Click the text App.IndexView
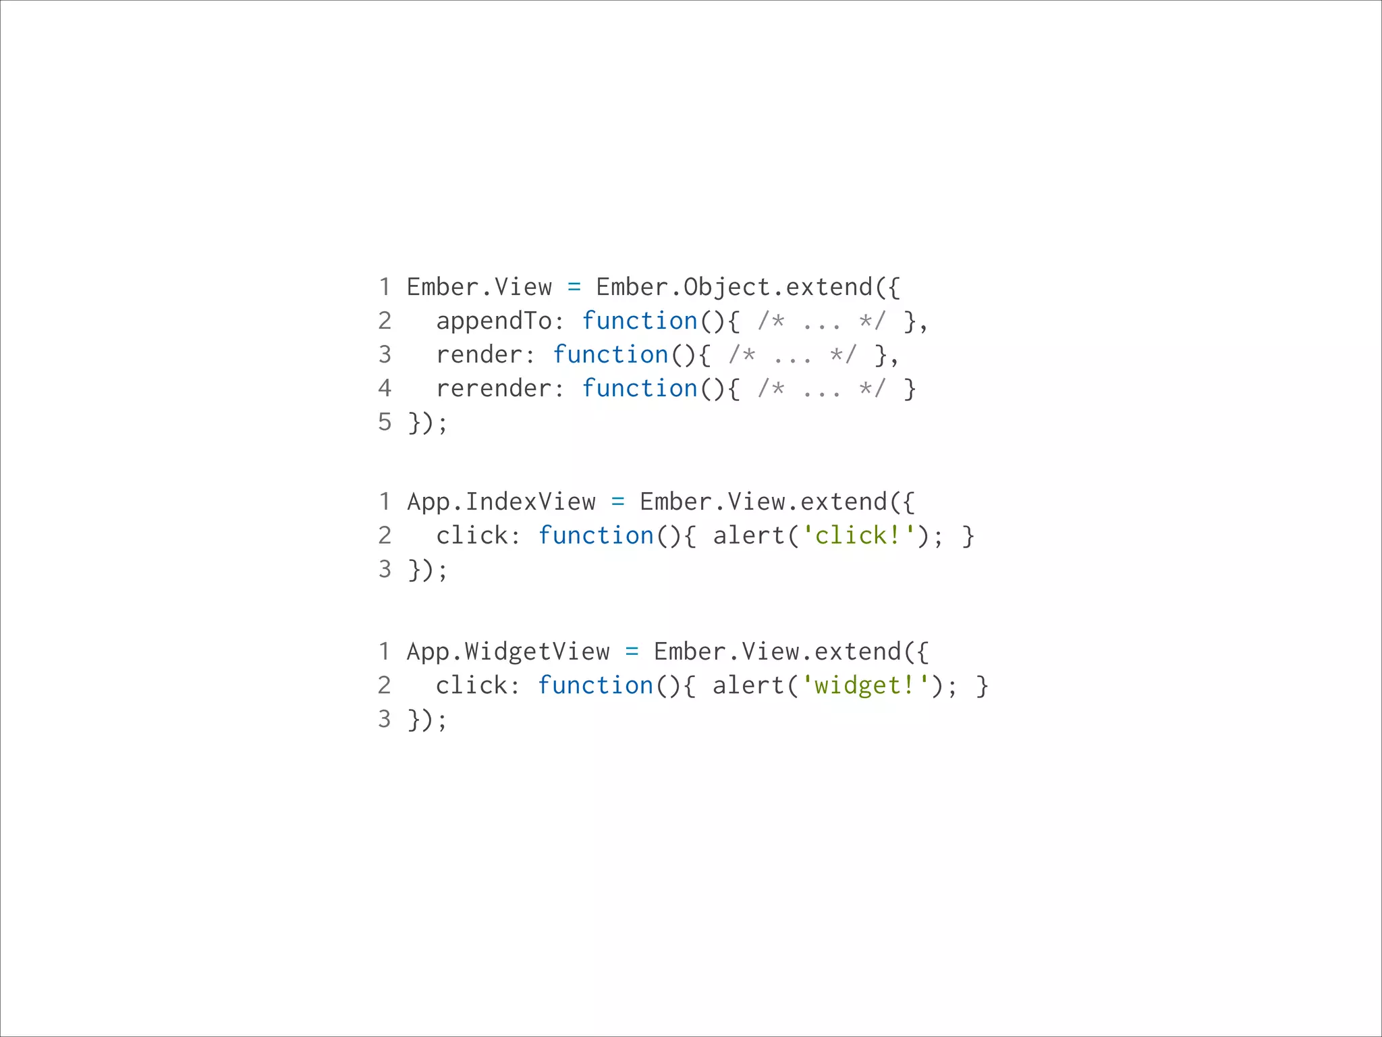coord(501,502)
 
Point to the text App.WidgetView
coord(508,652)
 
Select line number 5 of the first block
coord(385,423)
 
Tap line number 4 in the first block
coord(385,388)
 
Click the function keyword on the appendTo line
coord(640,321)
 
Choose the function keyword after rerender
coord(640,389)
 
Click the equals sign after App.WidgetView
coord(632,652)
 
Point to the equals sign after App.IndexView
coord(617,502)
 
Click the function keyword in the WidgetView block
coord(596,685)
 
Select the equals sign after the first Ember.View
coord(574,288)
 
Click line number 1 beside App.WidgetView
coord(385,652)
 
